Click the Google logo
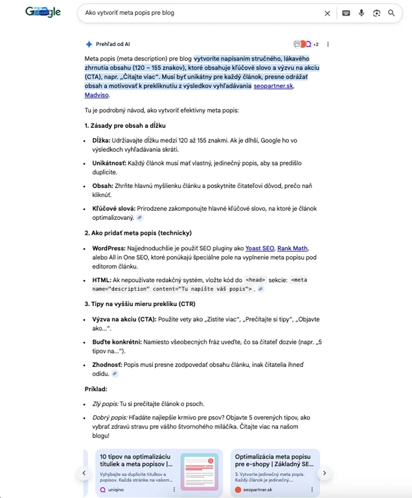[43, 12]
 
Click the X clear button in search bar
[327, 13]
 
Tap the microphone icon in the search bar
[361, 13]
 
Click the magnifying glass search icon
[391, 13]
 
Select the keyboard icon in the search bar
[346, 13]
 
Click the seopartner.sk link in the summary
[273, 86]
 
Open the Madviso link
[97, 95]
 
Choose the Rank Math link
[292, 248]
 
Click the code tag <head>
[255, 280]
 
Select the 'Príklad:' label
[96, 389]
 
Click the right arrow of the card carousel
[325, 473]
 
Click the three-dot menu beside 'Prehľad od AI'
[328, 44]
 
